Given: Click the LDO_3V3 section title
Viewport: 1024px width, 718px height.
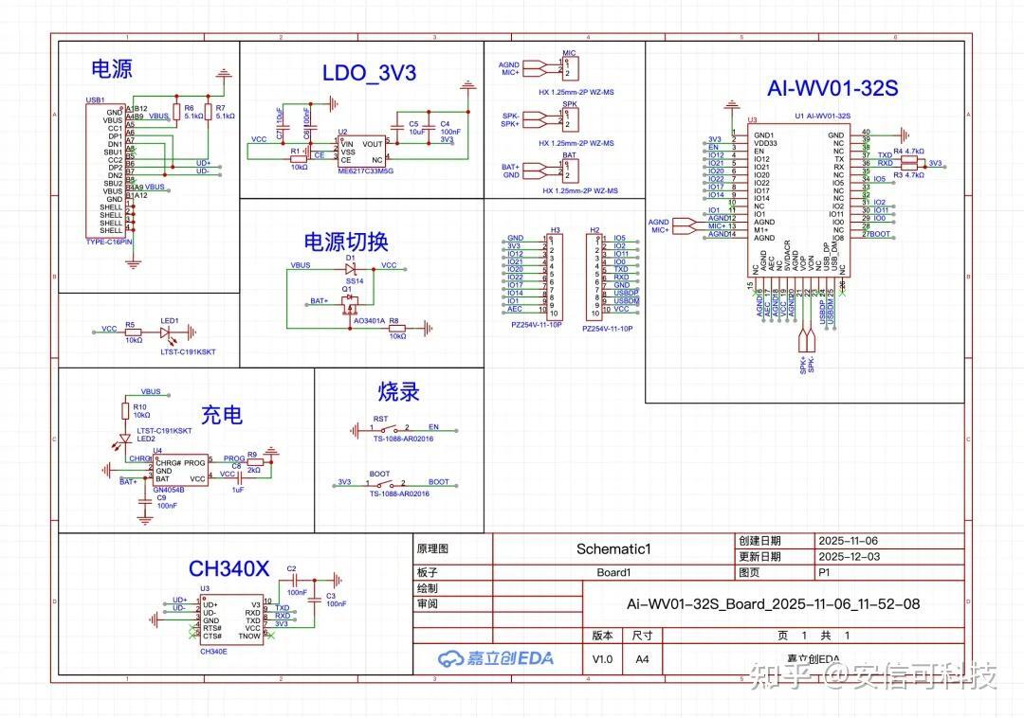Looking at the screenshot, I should (369, 73).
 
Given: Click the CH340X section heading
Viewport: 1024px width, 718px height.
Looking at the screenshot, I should (229, 568).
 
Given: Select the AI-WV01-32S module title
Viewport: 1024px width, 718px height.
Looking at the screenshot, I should (832, 89).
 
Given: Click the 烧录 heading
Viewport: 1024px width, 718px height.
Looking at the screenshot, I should (398, 391).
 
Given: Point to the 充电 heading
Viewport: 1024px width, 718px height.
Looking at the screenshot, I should (221, 415).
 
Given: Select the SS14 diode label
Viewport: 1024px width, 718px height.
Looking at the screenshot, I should (355, 281).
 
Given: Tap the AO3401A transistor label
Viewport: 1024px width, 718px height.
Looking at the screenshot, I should (368, 321).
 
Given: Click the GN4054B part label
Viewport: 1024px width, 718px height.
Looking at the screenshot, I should (169, 489).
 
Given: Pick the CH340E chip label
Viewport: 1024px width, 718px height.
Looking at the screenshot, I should (213, 652).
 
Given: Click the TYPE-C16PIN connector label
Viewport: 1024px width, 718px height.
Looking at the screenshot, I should (109, 242).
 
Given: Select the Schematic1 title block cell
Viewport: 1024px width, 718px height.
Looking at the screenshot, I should (613, 548).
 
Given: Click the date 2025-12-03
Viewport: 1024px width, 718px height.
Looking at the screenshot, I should (849, 557).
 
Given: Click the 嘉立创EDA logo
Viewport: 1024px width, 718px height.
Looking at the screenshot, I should (496, 658).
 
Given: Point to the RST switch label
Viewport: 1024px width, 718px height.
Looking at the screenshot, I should (379, 418).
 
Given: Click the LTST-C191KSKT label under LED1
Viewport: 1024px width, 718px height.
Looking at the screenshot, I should (188, 351).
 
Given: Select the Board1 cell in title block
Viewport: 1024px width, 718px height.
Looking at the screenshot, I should (613, 572).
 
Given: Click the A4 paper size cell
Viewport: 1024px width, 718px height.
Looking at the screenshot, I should (642, 658).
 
